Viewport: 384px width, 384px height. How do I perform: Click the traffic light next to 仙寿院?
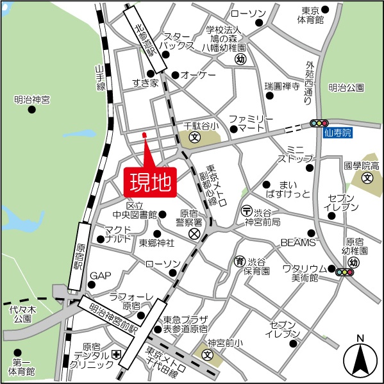[x=319, y=122]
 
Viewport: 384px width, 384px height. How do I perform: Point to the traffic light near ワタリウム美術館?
[x=345, y=272]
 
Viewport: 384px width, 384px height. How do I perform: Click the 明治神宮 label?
[x=32, y=99]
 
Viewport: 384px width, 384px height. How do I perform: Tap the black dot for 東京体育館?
[x=325, y=10]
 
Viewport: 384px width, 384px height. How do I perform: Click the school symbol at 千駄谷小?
[x=194, y=137]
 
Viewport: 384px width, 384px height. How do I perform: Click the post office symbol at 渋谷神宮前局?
[x=246, y=210]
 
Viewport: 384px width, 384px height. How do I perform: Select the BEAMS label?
[x=298, y=243]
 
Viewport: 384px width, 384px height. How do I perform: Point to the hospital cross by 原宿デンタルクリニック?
[x=116, y=355]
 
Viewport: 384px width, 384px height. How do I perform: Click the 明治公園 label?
[x=346, y=87]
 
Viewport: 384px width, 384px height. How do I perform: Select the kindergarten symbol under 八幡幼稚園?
[x=240, y=59]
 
